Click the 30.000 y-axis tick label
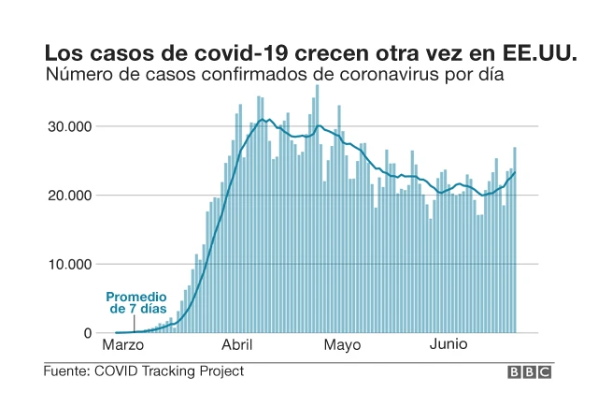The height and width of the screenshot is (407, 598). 67,126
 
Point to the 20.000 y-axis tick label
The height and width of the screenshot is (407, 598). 67,196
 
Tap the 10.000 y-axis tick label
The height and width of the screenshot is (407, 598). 67,264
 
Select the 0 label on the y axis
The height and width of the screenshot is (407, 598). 88,333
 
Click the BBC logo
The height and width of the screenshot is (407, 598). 530,372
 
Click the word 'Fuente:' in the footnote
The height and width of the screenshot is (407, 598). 67,371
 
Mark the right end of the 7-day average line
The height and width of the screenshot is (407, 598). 515,172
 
